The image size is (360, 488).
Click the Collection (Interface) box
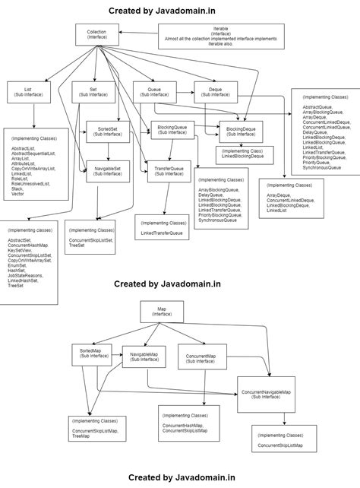pyautogui.click(x=96, y=34)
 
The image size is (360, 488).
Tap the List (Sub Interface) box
pyautogui.click(x=28, y=92)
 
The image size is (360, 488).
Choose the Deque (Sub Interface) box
pyautogui.click(x=213, y=92)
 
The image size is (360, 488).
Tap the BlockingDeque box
pyautogui.click(x=241, y=131)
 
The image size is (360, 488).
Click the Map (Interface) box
pyautogui.click(x=162, y=312)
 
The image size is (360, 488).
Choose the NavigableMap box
pyautogui.click(x=144, y=356)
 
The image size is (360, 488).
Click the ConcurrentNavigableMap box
pyautogui.click(x=266, y=393)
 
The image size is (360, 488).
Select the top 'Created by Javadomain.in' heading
pyautogui.click(x=162, y=11)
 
